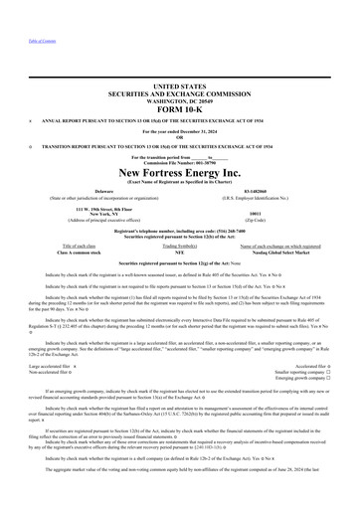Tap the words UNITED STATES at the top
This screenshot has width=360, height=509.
click(180, 86)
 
